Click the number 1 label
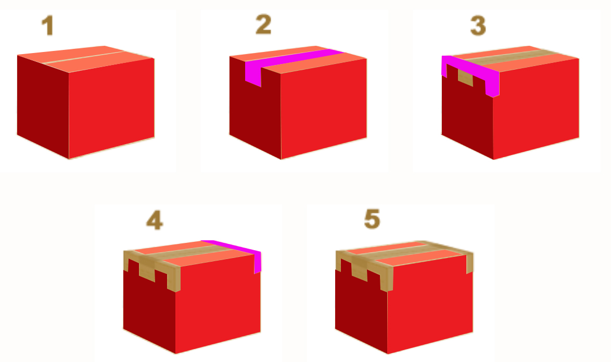tap(47, 25)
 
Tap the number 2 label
tap(263, 24)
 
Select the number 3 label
tap(478, 25)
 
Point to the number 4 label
tap(155, 221)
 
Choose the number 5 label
tap(372, 219)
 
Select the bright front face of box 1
tap(111, 107)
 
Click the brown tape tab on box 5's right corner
tap(469, 263)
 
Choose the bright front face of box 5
tap(430, 307)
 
